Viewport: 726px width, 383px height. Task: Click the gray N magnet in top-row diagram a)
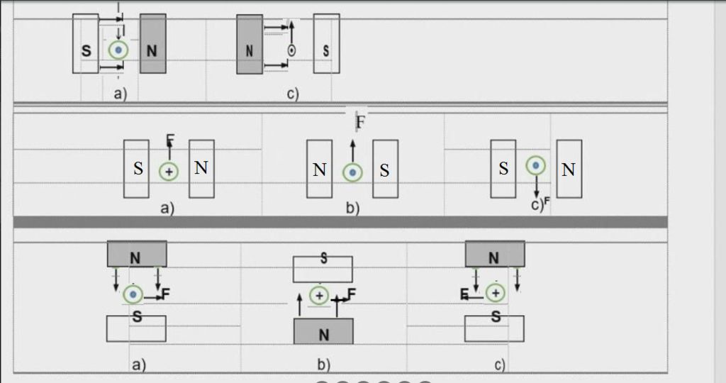[153, 43]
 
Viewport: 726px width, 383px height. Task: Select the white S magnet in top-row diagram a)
[86, 43]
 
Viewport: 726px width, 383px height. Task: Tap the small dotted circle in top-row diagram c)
[291, 50]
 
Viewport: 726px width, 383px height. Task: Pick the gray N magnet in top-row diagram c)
[250, 44]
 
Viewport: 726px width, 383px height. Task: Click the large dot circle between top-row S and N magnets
[118, 50]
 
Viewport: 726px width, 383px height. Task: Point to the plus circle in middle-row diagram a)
[169, 172]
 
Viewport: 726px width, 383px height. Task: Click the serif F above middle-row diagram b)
[360, 122]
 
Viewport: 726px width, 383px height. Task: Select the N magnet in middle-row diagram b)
[320, 169]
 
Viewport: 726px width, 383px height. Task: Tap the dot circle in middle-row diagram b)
[352, 173]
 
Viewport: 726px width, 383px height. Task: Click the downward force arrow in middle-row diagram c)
[537, 186]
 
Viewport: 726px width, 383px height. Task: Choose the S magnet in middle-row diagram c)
[503, 169]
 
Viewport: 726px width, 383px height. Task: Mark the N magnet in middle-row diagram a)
[201, 169]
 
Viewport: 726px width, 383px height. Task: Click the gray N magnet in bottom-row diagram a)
[137, 254]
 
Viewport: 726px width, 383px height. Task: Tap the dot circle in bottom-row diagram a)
[133, 294]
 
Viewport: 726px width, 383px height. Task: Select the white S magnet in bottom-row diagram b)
[323, 269]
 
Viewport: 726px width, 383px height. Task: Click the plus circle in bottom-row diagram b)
[319, 296]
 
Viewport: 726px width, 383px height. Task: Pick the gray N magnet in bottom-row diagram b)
[323, 331]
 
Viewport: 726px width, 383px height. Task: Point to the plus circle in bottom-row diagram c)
[496, 293]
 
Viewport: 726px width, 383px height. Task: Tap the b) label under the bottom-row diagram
[323, 365]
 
